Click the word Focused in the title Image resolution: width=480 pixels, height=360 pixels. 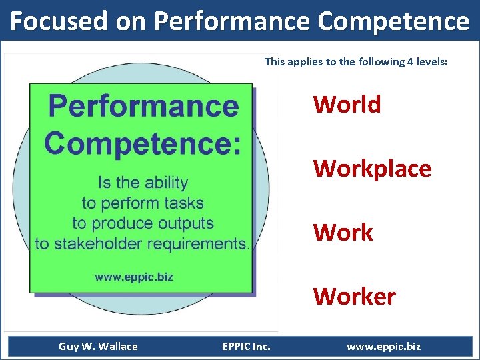(57, 21)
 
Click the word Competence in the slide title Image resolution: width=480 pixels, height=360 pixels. (393, 21)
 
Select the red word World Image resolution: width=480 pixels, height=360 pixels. (347, 105)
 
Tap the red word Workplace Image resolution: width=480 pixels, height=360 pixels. (372, 169)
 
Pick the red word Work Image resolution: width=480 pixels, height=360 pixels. (343, 233)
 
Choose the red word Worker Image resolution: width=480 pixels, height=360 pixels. (354, 296)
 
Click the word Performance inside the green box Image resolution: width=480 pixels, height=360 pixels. (144, 105)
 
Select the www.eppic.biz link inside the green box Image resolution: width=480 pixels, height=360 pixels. (134, 277)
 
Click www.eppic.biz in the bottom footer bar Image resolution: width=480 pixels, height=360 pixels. (383, 346)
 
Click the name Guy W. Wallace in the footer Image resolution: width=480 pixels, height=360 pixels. (98, 346)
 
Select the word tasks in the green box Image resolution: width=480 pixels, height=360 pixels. (186, 203)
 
